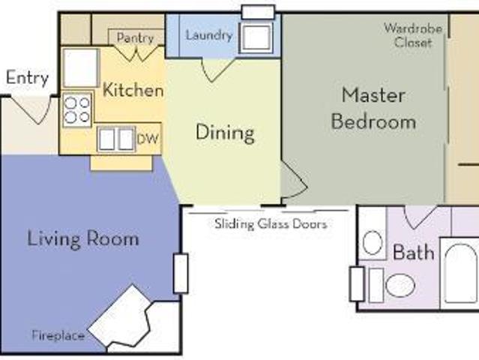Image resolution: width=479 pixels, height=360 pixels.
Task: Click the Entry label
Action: click(x=27, y=78)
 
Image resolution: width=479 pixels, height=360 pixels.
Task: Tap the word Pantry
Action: click(x=135, y=38)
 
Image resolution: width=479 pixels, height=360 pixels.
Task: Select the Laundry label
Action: click(x=209, y=35)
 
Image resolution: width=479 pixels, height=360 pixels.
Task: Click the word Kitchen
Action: click(x=133, y=90)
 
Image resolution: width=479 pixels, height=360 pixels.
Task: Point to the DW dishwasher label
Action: click(x=148, y=139)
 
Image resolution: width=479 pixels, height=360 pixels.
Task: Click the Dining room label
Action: click(x=225, y=132)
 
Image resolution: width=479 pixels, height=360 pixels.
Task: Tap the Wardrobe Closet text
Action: click(x=413, y=35)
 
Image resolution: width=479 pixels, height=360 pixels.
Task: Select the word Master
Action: click(x=373, y=95)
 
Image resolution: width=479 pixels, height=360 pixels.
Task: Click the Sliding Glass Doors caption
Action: click(x=271, y=224)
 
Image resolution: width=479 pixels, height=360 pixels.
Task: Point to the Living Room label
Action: click(x=83, y=238)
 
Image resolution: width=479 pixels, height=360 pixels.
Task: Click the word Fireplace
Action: click(x=58, y=335)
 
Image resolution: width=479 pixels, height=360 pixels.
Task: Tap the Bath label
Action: click(x=413, y=253)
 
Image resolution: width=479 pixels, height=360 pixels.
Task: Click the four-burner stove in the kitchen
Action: click(x=77, y=109)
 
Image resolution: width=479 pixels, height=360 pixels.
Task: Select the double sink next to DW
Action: click(x=116, y=139)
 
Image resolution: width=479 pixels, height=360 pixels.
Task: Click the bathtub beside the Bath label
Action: click(x=460, y=273)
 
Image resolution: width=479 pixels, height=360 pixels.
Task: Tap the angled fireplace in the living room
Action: click(x=120, y=317)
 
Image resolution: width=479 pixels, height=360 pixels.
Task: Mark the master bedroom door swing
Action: click(x=294, y=179)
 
